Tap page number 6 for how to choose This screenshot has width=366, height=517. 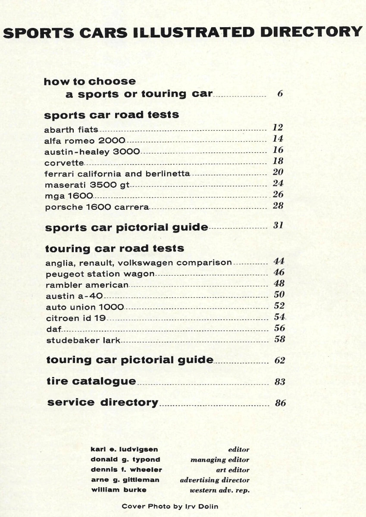[x=280, y=93]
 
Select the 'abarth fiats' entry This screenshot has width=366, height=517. [x=71, y=129]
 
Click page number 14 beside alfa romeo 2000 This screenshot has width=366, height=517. [x=278, y=139]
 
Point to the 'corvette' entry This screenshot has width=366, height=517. [x=64, y=163]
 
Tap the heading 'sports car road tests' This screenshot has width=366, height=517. [x=112, y=115]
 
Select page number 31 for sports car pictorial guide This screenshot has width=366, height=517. [x=278, y=225]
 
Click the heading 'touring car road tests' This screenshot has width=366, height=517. [x=114, y=249]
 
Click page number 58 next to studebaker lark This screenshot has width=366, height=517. [x=279, y=339]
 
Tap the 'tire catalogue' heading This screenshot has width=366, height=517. [x=91, y=381]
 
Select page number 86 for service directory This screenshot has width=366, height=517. [x=280, y=404]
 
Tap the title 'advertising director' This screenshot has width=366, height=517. [x=215, y=480]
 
